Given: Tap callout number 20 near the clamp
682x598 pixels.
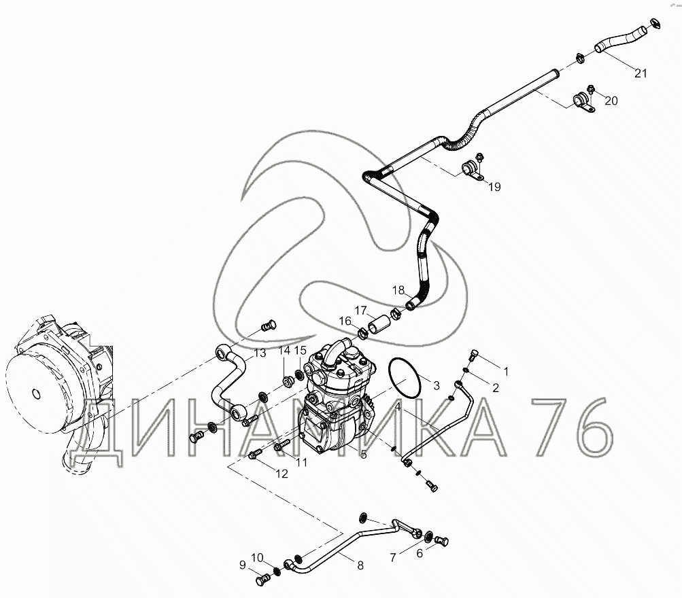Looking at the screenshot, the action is [611, 101].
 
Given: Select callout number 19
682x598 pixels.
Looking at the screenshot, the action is [494, 187].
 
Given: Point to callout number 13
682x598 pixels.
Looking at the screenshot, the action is [260, 353].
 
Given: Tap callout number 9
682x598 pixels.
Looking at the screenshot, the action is [242, 564].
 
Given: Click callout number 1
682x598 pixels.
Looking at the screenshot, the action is [505, 371].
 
